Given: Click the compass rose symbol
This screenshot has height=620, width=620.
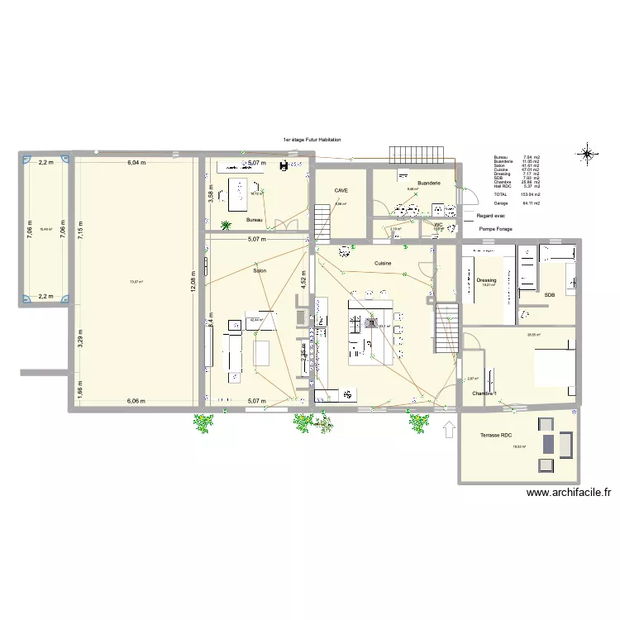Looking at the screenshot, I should (x=587, y=153).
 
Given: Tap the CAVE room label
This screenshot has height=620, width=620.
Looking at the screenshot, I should (x=341, y=190).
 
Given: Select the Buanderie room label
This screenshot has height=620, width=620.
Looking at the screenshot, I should (x=429, y=183).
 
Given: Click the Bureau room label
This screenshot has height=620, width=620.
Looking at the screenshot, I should (x=255, y=221).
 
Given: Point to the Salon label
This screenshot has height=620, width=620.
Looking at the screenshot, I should (x=260, y=271).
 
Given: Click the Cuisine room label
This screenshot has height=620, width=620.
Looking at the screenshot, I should (x=382, y=264).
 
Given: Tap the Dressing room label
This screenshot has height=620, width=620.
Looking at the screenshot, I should (x=486, y=280).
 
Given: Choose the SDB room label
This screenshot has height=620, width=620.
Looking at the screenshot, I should (x=550, y=294).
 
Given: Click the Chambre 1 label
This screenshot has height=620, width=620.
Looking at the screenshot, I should (x=488, y=393).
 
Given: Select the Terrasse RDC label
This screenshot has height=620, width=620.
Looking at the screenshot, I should (x=496, y=435).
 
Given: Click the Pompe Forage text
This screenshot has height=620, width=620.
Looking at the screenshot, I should (x=495, y=227).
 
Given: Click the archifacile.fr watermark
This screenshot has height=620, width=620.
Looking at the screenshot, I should (x=569, y=493).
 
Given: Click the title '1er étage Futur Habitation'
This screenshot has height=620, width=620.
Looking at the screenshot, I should (x=312, y=141).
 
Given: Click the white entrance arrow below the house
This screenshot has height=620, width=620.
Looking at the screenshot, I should (x=449, y=428).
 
